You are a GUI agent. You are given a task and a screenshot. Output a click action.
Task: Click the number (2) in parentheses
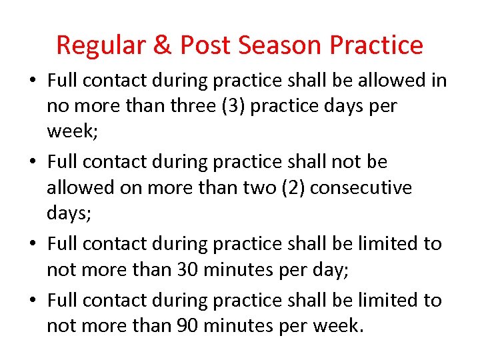(289, 188)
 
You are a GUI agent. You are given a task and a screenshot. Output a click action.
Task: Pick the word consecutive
(361, 188)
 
